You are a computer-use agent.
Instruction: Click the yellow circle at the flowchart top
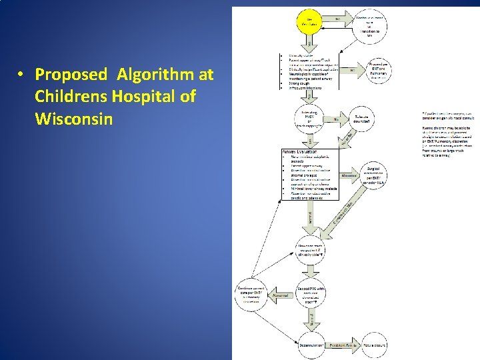311,24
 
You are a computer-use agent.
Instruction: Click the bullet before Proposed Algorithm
22,73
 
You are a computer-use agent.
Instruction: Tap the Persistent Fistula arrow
344,345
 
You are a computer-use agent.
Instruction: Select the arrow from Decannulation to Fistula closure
344,345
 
